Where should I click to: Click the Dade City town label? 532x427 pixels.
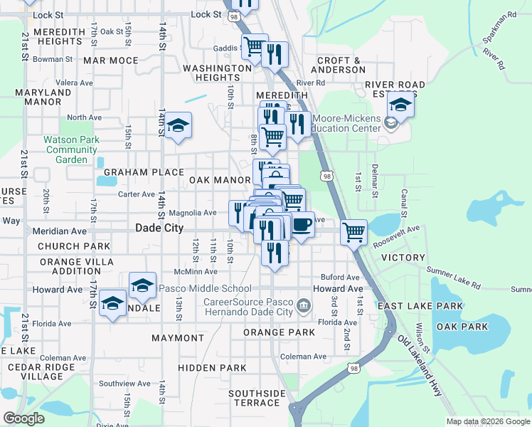point(159,228)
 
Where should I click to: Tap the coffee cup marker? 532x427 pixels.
point(302,225)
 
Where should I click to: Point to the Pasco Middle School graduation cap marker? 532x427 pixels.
point(143,285)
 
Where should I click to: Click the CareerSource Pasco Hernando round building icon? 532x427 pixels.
point(304,306)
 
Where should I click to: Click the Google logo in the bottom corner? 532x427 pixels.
point(23,418)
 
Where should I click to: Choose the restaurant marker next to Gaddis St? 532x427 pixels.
point(275,54)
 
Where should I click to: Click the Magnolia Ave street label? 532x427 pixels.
point(192,213)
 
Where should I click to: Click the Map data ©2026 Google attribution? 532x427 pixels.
point(489,421)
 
